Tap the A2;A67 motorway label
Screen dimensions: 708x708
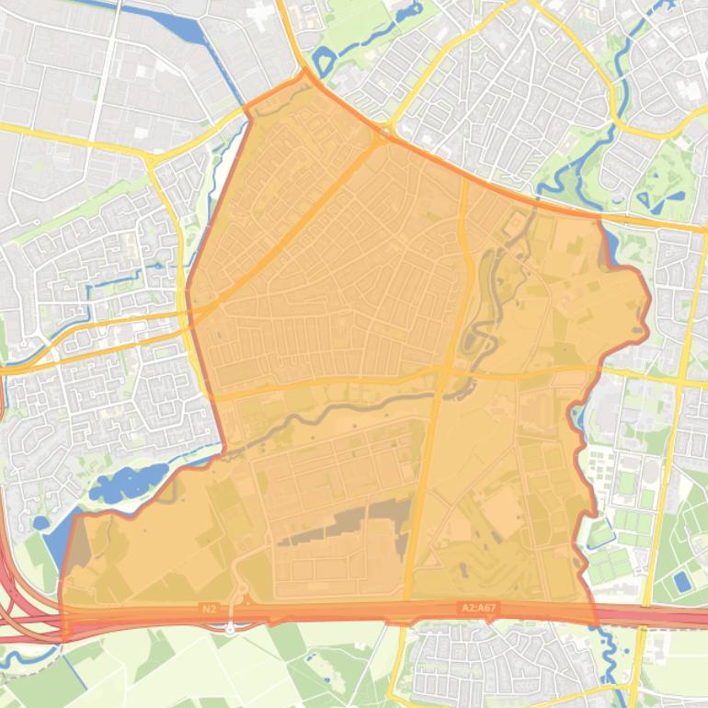coord(477,608)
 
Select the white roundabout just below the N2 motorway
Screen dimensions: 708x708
coord(231,630)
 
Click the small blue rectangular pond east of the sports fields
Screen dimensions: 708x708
coord(681,581)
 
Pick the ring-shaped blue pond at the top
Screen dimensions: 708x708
coord(324,62)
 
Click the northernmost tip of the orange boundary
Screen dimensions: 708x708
coord(304,70)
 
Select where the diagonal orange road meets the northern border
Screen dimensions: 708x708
coord(382,138)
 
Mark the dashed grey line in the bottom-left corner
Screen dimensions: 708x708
coord(28,685)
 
